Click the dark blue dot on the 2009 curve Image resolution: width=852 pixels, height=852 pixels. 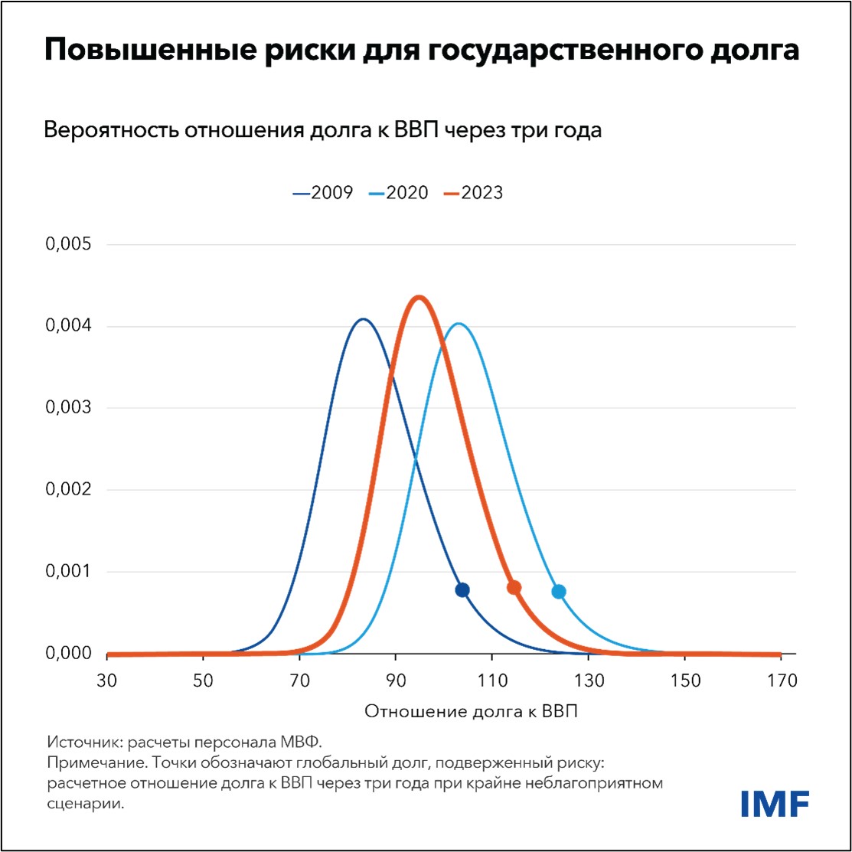(x=462, y=589)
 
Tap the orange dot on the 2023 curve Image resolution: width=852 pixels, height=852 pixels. (x=514, y=587)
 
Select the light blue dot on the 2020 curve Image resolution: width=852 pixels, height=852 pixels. (x=559, y=591)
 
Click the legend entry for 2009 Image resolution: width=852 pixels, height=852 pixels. (x=323, y=193)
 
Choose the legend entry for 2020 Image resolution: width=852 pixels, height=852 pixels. (x=398, y=193)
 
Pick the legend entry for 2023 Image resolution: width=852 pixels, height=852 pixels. (x=473, y=193)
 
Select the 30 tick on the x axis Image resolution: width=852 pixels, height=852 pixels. (x=107, y=680)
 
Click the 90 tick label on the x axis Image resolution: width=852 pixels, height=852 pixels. (x=396, y=680)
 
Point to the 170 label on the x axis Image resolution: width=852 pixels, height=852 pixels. (x=780, y=680)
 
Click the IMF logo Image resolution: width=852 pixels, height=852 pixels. (x=775, y=803)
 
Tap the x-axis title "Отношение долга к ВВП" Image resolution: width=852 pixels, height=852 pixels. (x=471, y=712)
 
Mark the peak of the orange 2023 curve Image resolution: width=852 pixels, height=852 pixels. (x=419, y=297)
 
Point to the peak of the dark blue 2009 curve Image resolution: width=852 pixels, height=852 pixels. (x=363, y=319)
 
